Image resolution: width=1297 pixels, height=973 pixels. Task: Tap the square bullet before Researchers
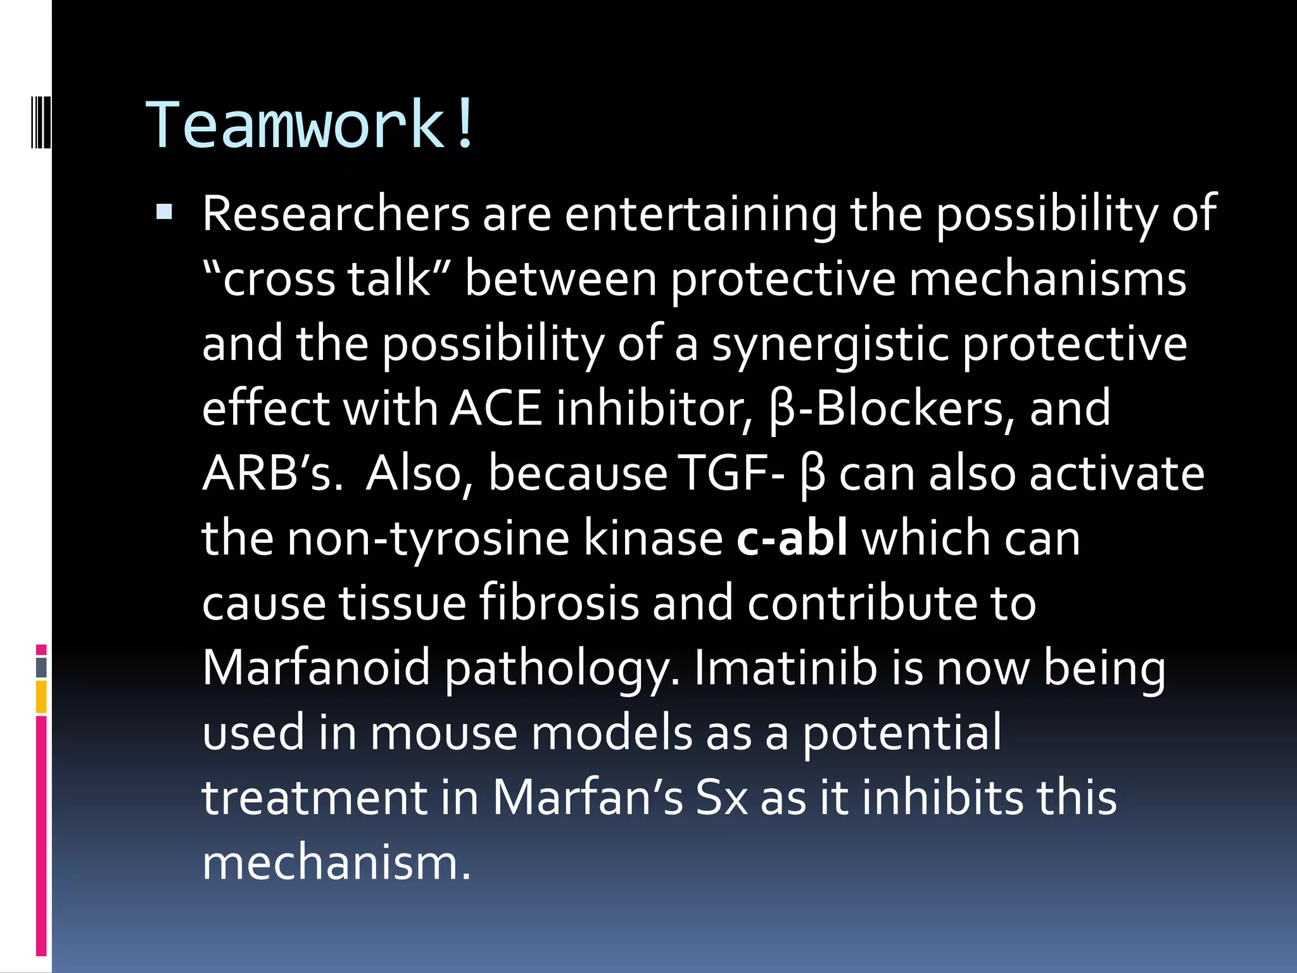[164, 212]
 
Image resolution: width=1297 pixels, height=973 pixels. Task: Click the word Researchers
[336, 214]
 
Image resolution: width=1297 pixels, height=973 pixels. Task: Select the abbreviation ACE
[497, 409]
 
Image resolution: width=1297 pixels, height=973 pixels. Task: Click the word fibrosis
[559, 603]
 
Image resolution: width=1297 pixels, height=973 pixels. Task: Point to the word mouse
[443, 733]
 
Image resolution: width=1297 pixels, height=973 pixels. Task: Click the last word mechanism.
[336, 863]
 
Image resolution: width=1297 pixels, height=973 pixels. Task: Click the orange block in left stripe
[41, 697]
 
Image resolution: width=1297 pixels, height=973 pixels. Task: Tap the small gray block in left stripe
[41, 667]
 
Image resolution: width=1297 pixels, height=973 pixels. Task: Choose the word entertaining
[700, 214]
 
